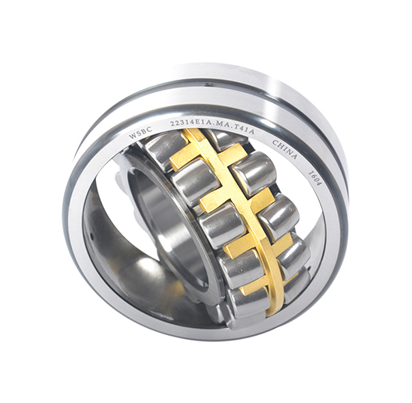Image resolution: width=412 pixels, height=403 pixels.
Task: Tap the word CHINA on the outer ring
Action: (x=285, y=150)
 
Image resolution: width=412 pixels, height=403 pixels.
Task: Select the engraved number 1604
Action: (x=314, y=179)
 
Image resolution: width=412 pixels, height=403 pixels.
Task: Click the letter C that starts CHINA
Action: (x=275, y=142)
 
